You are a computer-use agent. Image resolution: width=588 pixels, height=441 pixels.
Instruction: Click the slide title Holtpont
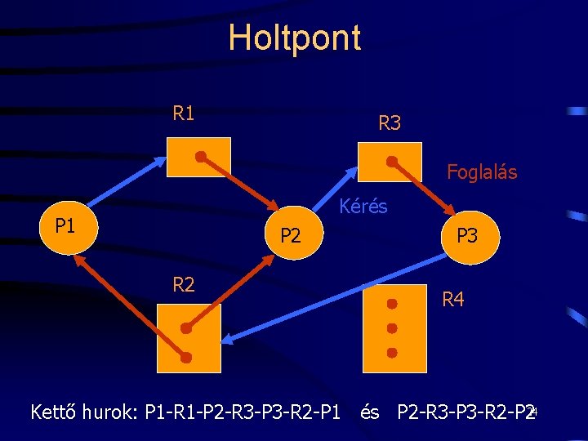[x=294, y=38]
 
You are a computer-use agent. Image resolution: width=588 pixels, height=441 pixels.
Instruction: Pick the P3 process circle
[x=468, y=237]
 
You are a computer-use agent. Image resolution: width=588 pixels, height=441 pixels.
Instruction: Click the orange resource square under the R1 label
[x=198, y=157]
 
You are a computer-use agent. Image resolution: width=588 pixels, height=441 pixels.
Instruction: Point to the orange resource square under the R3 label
[x=390, y=162]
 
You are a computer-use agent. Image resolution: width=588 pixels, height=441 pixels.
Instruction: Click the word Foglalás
[x=481, y=172]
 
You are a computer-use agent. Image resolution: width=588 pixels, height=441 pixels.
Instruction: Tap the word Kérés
[x=363, y=207]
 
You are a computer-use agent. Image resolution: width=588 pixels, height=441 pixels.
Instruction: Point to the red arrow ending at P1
[x=131, y=305]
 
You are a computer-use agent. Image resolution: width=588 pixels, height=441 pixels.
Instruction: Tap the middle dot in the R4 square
[x=392, y=328]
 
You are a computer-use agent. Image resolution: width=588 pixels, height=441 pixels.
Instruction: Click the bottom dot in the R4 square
[x=392, y=353]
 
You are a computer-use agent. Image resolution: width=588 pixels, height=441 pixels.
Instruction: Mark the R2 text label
[x=184, y=285]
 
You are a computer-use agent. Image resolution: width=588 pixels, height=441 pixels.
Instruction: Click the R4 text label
[x=452, y=300]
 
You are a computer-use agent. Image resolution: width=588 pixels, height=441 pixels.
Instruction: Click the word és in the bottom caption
[x=370, y=412]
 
